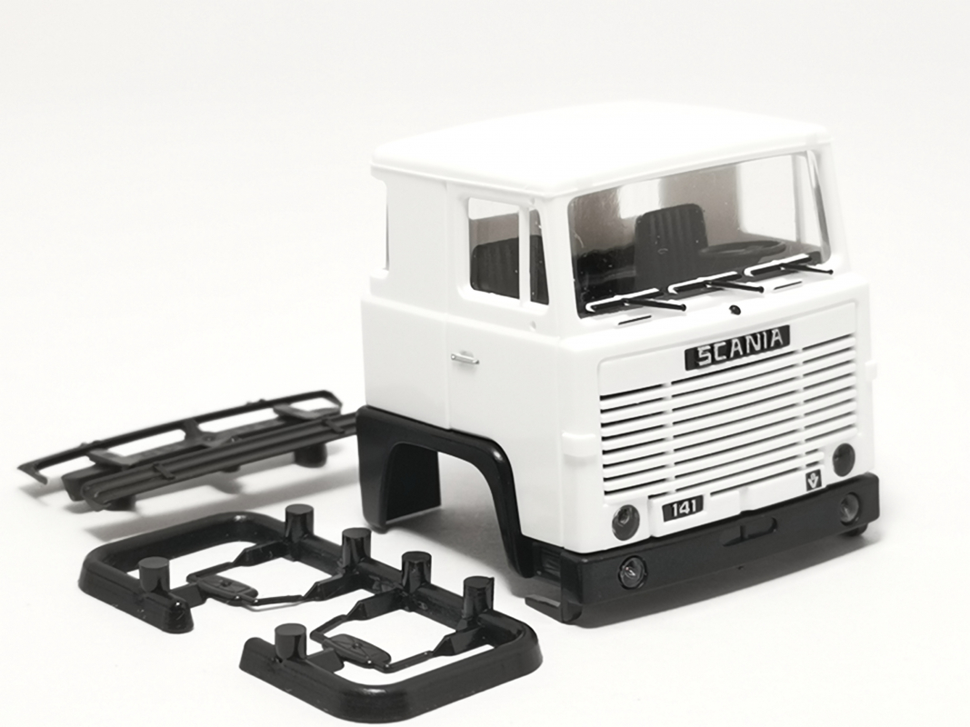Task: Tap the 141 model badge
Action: click(x=682, y=507)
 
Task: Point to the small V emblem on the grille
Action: click(x=811, y=480)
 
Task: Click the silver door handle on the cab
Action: click(x=465, y=358)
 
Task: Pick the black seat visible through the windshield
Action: click(x=672, y=237)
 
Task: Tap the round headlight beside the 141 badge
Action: click(x=625, y=522)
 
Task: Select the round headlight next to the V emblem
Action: click(x=843, y=459)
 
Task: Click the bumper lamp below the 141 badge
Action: click(x=632, y=572)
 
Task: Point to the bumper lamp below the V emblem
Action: click(x=850, y=509)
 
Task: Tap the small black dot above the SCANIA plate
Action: click(x=735, y=310)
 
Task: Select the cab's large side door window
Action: click(x=494, y=249)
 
